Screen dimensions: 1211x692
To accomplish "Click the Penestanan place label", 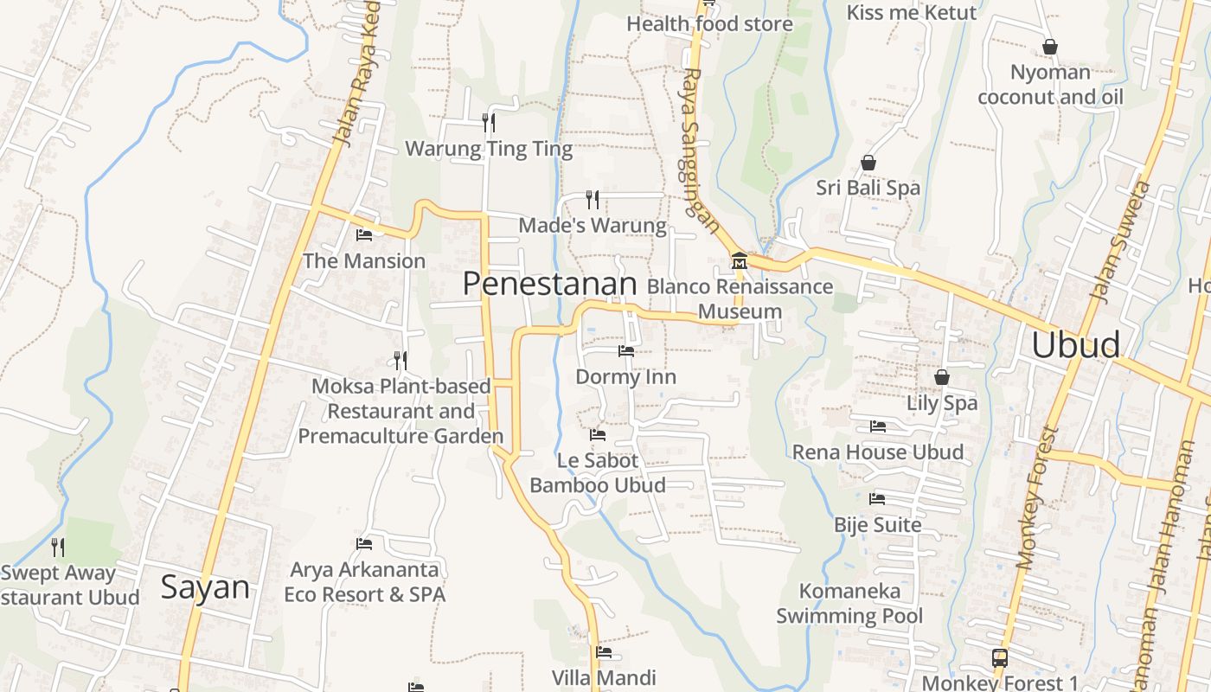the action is [549, 283].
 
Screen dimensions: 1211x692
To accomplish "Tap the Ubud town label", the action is [1075, 345].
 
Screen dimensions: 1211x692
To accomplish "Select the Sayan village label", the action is [205, 588].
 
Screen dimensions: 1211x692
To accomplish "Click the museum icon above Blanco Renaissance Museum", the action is [739, 260].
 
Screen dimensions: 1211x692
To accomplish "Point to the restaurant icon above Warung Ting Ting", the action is [489, 123].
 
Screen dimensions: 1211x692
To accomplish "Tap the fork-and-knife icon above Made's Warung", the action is [593, 200].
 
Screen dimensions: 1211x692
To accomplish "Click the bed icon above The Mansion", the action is [364, 234].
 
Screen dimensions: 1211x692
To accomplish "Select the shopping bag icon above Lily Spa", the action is [942, 377].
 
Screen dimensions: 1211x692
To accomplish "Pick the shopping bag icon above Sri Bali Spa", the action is [868, 163].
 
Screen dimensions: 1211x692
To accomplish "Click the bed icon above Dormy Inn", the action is [625, 351].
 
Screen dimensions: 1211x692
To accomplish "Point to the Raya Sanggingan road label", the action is [700, 151].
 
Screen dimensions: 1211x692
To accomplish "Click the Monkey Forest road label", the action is [1037, 497].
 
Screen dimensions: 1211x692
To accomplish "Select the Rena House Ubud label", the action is [877, 452].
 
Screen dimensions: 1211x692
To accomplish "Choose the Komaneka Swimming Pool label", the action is [849, 604].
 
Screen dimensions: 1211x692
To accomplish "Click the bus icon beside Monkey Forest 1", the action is [999, 657].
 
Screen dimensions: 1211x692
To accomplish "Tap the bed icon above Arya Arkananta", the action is [364, 544].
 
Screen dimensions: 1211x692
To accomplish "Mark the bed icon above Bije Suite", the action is [877, 499].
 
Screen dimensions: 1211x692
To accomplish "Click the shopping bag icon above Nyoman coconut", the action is [1049, 47].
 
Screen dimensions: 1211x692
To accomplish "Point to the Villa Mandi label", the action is [604, 677].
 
